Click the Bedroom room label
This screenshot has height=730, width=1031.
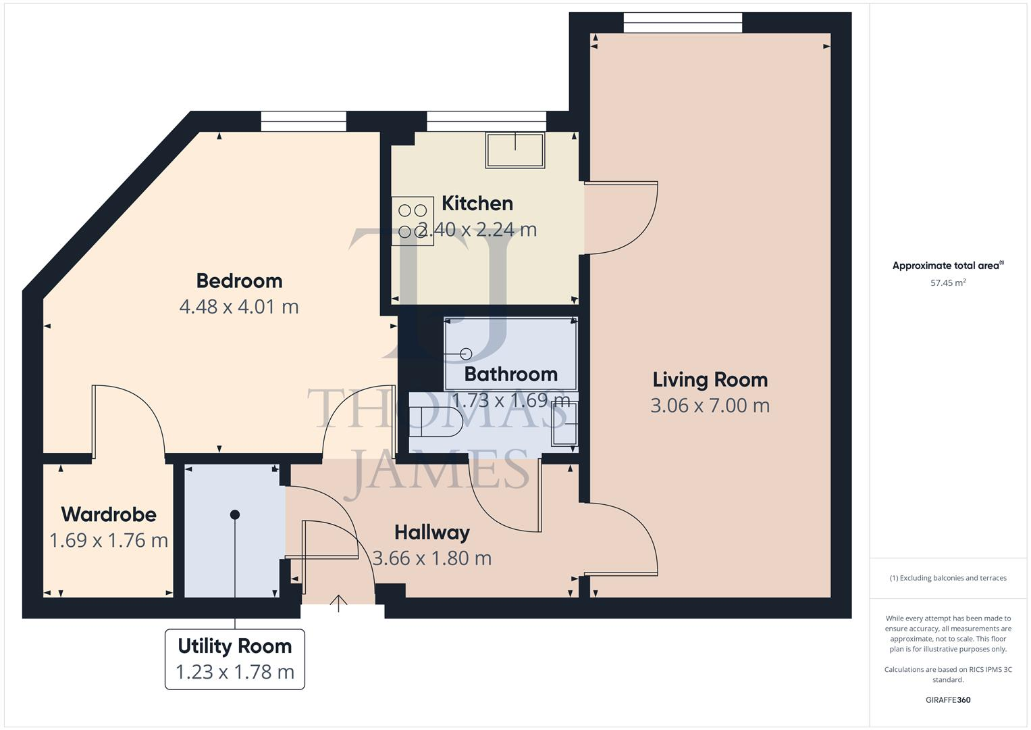[239, 281]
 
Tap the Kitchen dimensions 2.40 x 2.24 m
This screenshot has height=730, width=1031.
[477, 230]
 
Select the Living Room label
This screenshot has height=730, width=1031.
[710, 380]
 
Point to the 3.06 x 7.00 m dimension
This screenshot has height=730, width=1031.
[710, 406]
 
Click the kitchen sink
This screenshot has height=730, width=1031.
[514, 150]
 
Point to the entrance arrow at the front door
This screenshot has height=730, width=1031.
[338, 602]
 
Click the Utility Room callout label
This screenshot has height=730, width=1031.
[235, 646]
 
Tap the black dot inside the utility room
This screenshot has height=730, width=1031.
[235, 515]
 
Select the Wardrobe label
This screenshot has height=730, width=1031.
[109, 514]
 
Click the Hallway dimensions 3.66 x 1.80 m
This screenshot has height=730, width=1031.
[432, 558]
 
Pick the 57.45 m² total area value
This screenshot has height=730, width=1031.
[948, 283]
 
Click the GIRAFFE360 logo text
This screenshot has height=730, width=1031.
[948, 700]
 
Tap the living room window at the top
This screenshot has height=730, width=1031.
[683, 22]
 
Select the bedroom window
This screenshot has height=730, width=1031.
[303, 122]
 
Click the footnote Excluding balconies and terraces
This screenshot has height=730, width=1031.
[948, 578]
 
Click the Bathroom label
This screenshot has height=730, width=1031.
[510, 374]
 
